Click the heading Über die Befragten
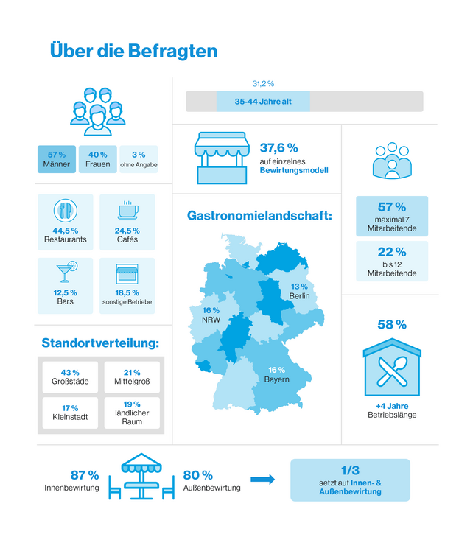(133, 51)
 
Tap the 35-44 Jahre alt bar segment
(263, 102)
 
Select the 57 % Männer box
(57, 159)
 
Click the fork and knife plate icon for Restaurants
(65, 211)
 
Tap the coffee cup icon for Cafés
(127, 211)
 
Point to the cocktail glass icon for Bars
(65, 273)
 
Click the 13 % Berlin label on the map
(299, 291)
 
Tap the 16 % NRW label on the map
(211, 315)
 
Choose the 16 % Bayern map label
(276, 374)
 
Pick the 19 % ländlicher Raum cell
(132, 413)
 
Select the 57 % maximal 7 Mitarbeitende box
(391, 217)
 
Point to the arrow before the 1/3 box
(262, 480)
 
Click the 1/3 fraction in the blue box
(350, 470)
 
